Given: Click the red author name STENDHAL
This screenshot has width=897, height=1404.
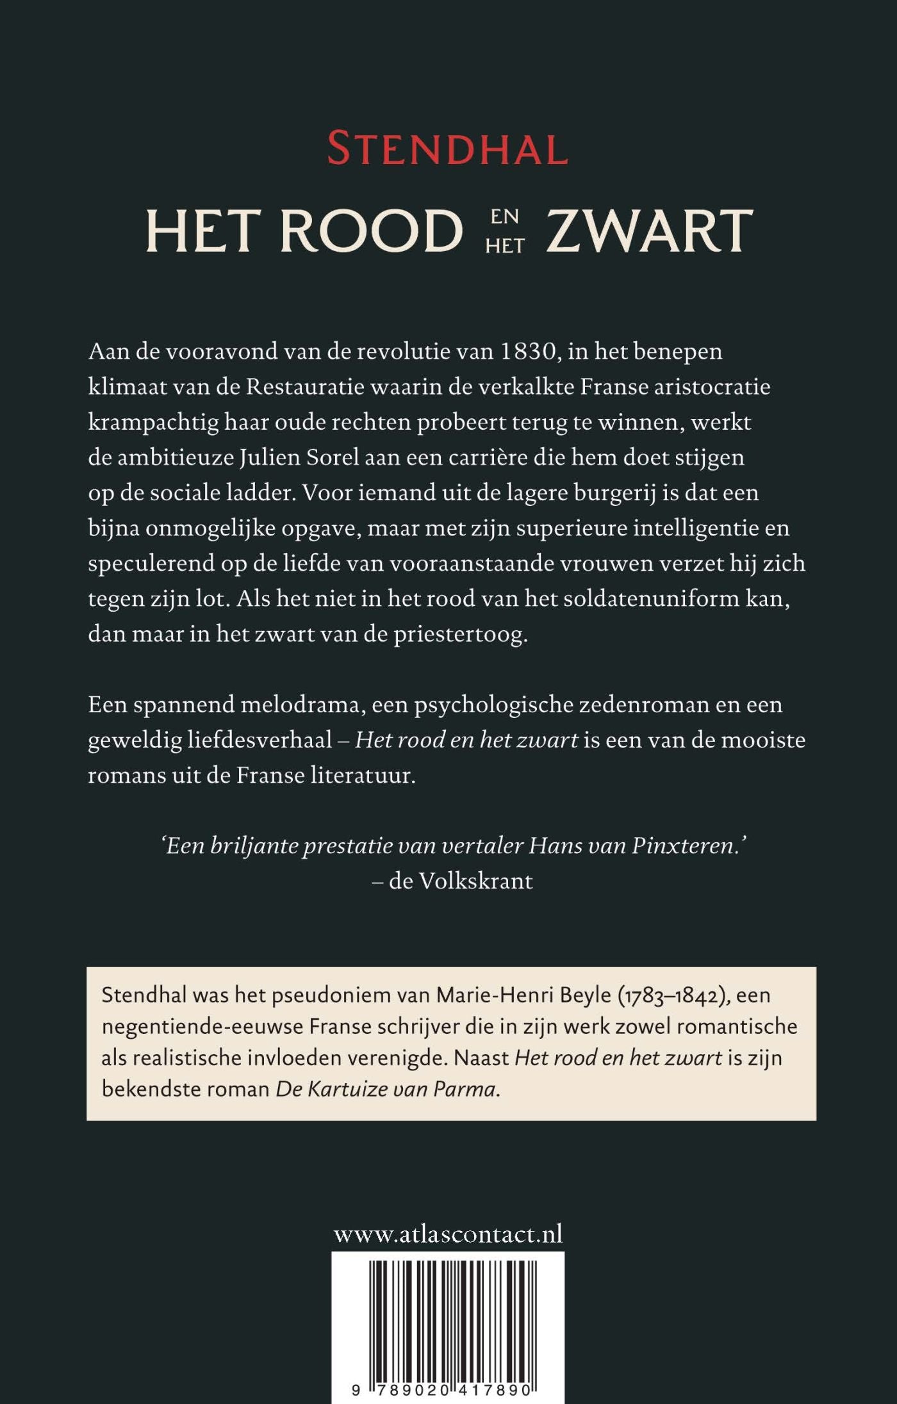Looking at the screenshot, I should click(x=448, y=149).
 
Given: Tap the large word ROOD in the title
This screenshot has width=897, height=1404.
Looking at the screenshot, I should click(x=371, y=231).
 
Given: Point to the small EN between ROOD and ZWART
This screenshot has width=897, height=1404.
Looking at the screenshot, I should click(x=505, y=217).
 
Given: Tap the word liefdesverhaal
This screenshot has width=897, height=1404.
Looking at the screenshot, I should click(x=259, y=741).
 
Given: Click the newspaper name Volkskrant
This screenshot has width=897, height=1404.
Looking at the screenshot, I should click(x=475, y=882).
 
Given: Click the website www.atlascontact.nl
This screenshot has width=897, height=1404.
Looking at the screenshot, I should click(x=448, y=1234).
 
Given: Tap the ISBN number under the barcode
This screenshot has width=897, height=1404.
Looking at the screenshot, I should click(x=442, y=1391).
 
